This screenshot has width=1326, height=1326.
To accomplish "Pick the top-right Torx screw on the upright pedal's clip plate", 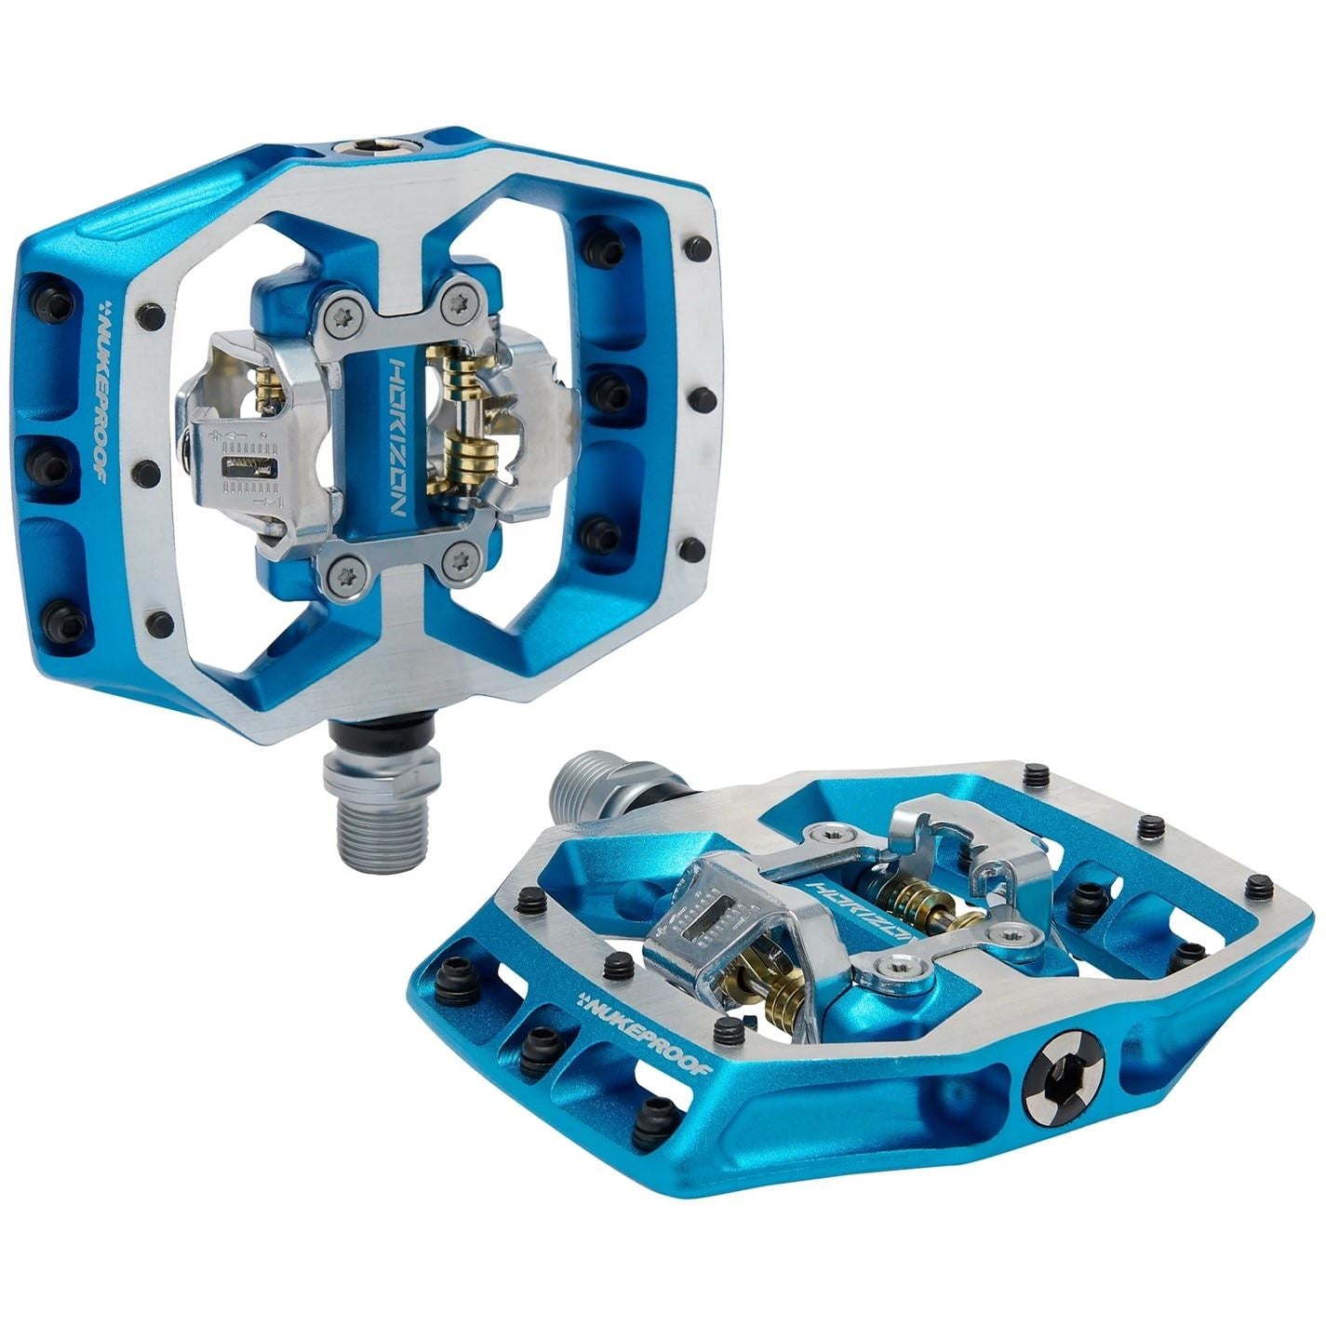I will [x=457, y=302].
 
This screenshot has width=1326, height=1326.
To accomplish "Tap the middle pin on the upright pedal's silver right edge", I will [x=702, y=399].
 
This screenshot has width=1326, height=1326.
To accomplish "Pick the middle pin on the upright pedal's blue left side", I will [x=46, y=460].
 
